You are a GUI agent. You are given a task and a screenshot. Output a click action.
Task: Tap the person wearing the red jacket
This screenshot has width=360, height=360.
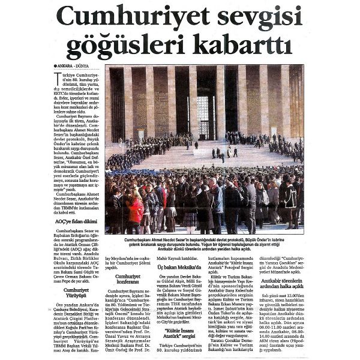[x=137, y=210]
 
